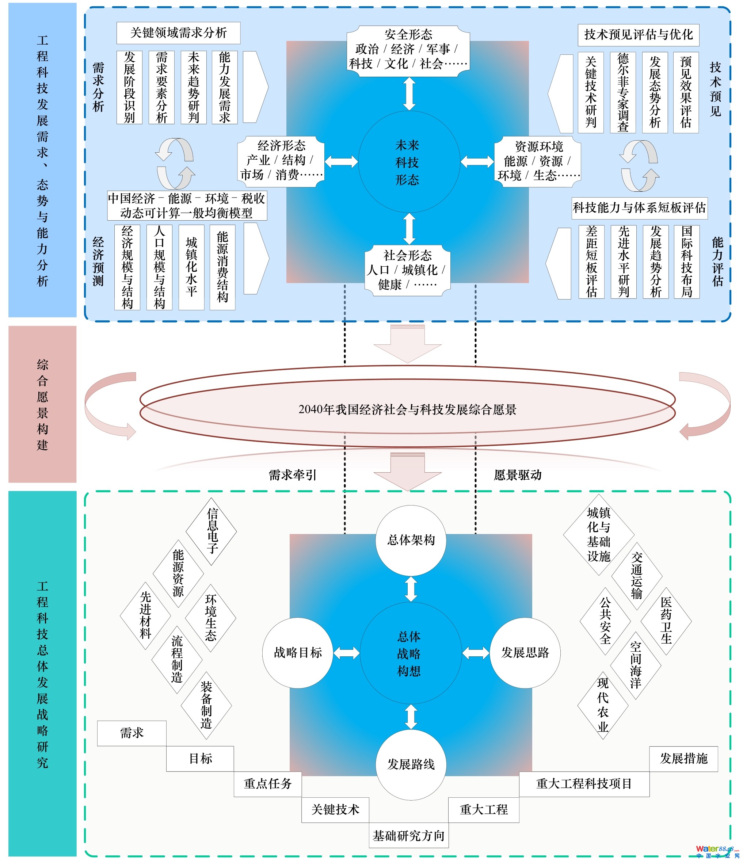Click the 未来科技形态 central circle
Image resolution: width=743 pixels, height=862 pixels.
coord(408,162)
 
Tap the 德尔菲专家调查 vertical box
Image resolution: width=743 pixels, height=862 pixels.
coord(622,92)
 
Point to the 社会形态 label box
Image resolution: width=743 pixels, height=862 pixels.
coord(407,270)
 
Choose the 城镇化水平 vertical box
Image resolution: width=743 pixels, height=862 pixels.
coord(191,267)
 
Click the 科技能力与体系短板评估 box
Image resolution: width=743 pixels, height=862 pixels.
coord(639,207)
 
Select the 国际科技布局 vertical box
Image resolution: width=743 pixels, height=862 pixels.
coord(686,262)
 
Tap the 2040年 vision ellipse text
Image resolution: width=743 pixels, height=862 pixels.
coord(407,409)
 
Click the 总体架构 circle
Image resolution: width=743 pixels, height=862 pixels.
coord(411,540)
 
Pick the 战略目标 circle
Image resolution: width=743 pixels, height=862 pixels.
coord(297,652)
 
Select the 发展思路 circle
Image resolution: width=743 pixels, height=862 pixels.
coord(525,652)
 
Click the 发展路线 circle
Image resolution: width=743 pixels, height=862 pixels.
coord(411,764)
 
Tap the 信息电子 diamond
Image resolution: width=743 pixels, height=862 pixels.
coord(212,531)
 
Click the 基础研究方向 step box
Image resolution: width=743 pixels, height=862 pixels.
coord(408,835)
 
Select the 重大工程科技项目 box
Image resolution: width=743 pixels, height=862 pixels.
coord(584,784)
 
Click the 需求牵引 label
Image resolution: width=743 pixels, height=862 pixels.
coord(293,475)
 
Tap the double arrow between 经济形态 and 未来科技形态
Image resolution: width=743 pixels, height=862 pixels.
coord(341,161)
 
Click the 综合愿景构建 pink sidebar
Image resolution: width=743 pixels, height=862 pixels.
coord(42,404)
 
